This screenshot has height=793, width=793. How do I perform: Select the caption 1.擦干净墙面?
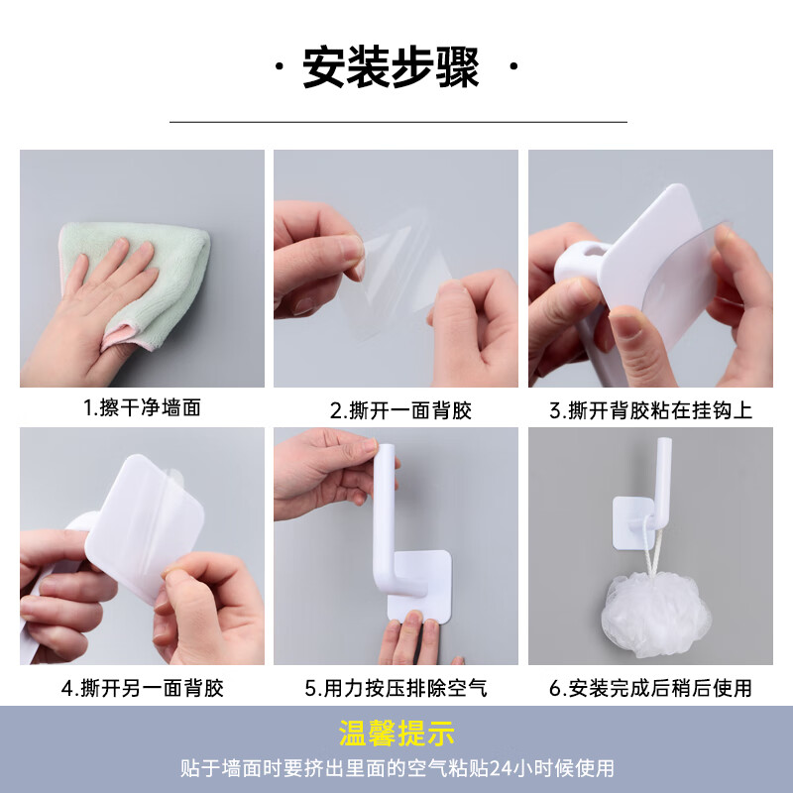click(x=142, y=407)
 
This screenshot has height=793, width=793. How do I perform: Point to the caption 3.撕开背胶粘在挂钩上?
click(x=650, y=409)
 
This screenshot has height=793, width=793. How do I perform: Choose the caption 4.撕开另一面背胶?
click(x=142, y=687)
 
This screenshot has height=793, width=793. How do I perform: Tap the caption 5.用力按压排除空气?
click(x=396, y=687)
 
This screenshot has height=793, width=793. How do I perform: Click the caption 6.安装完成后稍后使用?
click(x=650, y=687)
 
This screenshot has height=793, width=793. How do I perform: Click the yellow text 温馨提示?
click(x=396, y=735)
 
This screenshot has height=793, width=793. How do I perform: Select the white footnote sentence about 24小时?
click(x=396, y=768)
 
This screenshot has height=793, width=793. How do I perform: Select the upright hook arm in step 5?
click(x=388, y=496)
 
